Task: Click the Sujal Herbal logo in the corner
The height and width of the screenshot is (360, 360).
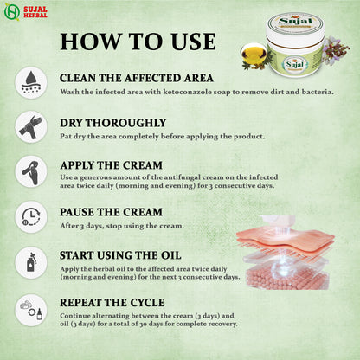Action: point(25,12)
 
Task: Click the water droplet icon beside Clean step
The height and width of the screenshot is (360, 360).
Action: point(31,81)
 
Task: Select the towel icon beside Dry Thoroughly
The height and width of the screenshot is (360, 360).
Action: point(31,126)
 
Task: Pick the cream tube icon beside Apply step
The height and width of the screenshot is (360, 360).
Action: point(31,171)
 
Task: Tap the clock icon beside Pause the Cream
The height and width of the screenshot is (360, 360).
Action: point(31,216)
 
